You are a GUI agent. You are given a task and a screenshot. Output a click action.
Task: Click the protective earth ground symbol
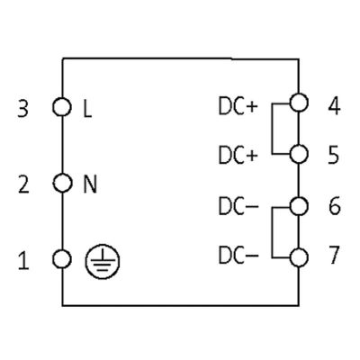tap(103, 261)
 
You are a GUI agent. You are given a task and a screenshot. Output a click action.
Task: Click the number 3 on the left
tap(23, 108)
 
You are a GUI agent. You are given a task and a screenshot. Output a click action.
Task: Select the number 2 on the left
tap(23, 184)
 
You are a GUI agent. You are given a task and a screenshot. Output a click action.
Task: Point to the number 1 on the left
tap(23, 260)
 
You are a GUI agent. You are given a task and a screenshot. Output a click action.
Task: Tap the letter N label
tap(90, 184)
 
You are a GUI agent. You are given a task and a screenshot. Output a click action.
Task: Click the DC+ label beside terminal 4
tap(238, 106)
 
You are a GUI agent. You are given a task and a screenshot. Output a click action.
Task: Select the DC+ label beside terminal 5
tap(238, 156)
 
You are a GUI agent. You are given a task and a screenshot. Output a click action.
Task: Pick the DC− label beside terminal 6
tap(238, 207)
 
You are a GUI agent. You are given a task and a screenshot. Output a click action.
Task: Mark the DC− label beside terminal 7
tap(238, 256)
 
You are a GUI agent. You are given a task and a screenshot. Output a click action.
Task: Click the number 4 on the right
tap(334, 106)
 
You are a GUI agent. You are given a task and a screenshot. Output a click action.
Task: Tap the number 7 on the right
tap(334, 255)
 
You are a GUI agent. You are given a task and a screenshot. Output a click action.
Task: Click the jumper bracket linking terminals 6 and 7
tap(272, 232)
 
